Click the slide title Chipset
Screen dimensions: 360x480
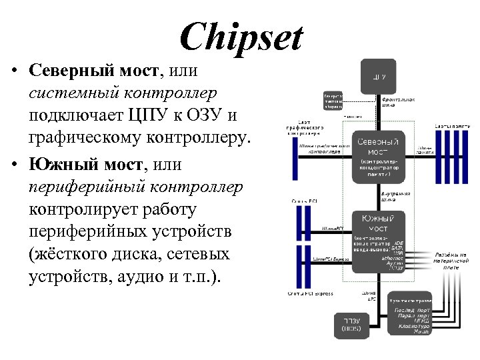(241, 37)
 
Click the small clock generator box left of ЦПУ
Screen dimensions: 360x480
(333, 101)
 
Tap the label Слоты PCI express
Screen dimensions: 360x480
(312, 293)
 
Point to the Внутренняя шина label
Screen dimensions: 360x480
(395, 196)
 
